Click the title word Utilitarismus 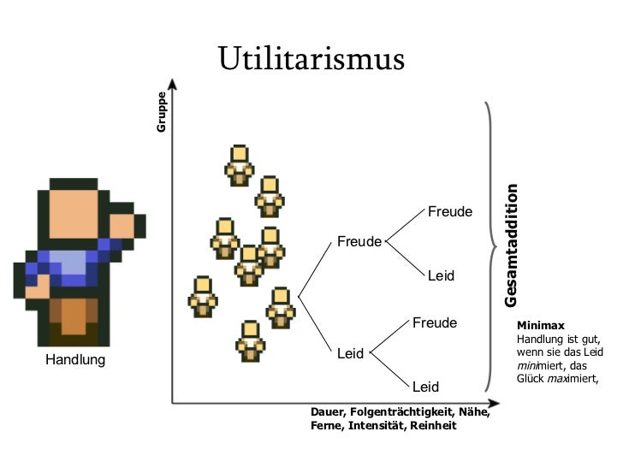(x=310, y=59)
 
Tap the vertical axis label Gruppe (x=160, y=111)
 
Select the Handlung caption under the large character (x=75, y=360)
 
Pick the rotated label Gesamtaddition (x=512, y=245)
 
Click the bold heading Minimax (x=534, y=326)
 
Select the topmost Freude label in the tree (x=450, y=211)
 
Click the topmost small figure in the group (x=240, y=165)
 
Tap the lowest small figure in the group (x=251, y=341)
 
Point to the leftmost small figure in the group (x=204, y=297)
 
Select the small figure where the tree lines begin (x=281, y=307)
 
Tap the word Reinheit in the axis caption (x=433, y=425)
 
